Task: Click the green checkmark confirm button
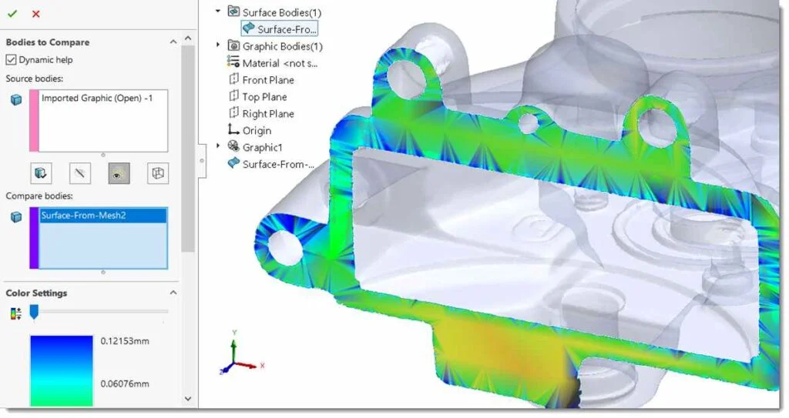12,14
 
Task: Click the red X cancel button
35,14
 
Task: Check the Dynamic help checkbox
11,60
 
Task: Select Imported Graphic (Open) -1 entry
96,98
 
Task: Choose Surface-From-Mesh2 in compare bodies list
83,216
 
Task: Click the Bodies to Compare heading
48,42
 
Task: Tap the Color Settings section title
36,293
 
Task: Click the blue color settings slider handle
34,312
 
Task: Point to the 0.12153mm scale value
125,341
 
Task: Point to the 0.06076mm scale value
125,384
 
